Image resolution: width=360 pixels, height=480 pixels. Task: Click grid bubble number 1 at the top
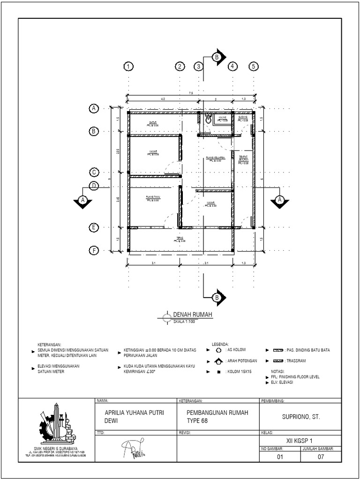pos(127,67)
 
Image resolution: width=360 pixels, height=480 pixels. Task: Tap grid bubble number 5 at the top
pos(254,67)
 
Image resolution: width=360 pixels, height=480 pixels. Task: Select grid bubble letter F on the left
pos(94,251)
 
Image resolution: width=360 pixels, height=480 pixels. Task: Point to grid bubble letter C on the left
pos(94,172)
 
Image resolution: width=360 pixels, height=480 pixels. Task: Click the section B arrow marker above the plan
pos(218,57)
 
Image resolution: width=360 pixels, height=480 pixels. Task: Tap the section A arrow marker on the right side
pos(279,200)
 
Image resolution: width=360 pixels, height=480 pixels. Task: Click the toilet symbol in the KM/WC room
pos(208,120)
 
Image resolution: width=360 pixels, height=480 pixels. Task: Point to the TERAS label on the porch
pos(180,239)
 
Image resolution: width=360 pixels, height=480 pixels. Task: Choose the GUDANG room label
pos(243,118)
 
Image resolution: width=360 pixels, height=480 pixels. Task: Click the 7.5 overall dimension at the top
pos(190,93)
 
